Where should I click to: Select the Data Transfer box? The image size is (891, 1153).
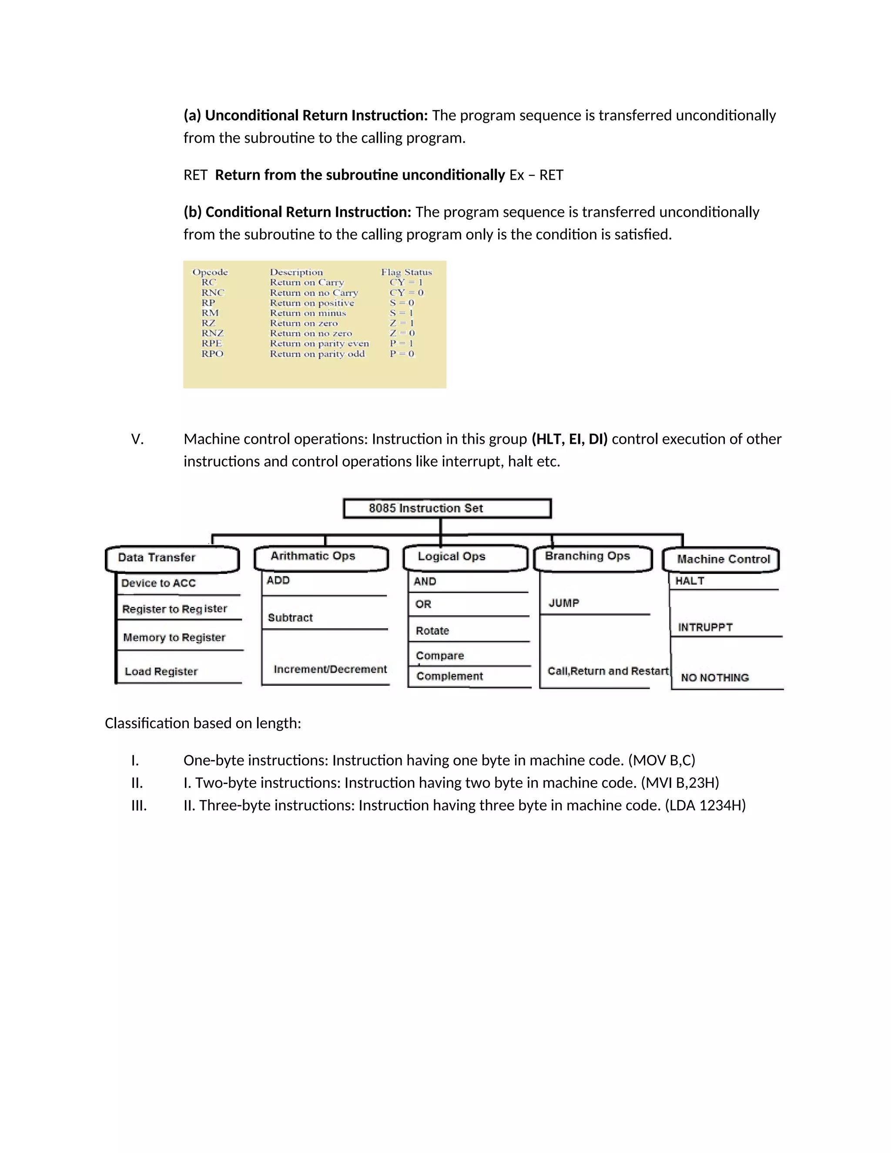[172, 559]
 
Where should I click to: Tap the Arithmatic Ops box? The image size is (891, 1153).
[321, 557]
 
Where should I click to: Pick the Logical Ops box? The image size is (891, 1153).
[465, 557]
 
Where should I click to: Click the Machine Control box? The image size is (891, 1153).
[721, 560]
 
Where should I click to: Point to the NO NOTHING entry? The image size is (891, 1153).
[715, 678]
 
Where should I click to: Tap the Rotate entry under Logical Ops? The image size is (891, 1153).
[432, 631]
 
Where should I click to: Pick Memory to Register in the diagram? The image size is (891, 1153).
[174, 638]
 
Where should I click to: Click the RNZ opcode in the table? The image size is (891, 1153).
[212, 333]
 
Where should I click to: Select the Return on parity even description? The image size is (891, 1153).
[319, 344]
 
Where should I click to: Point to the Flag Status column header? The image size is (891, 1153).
[406, 272]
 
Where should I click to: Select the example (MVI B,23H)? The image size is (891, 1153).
[680, 783]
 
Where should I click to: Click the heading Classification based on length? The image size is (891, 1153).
[203, 723]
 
